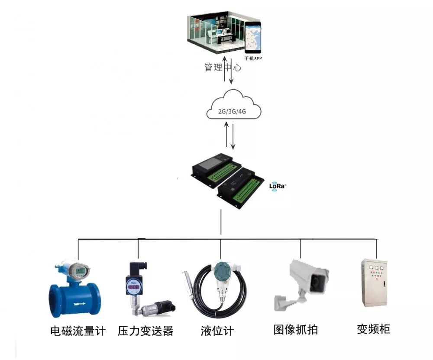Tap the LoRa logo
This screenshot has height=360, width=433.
coord(278,186)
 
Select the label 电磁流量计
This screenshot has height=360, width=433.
coord(78,331)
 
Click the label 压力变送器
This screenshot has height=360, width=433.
coord(145,331)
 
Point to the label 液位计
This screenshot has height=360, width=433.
coord(217,331)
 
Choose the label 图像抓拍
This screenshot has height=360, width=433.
coord(296,330)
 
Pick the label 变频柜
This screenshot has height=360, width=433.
coord(373,329)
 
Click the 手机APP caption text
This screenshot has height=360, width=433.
coord(253,58)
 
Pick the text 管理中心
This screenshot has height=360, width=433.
coord(223,68)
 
